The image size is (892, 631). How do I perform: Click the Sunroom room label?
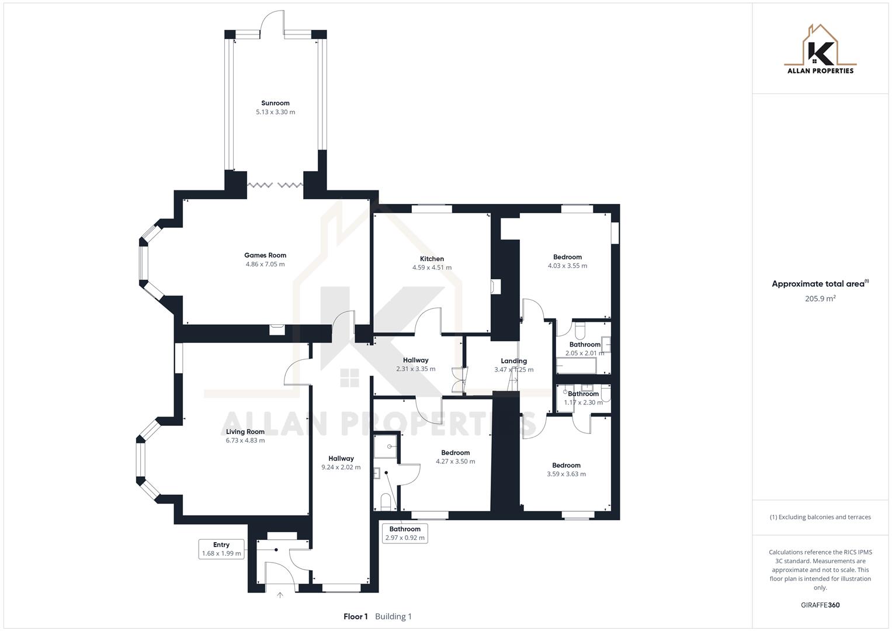[x=275, y=103]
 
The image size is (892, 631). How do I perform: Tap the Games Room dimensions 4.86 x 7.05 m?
[x=265, y=264]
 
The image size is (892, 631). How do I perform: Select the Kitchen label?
[x=432, y=259]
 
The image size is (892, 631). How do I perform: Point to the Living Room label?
[x=245, y=432]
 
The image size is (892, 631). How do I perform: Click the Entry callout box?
[x=221, y=549]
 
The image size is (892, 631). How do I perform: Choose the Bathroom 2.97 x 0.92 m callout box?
[x=405, y=533]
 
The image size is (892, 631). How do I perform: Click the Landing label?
[x=513, y=361]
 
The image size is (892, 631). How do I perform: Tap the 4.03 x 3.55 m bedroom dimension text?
[x=567, y=266]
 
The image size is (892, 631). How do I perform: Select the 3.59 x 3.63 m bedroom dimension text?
[x=566, y=474]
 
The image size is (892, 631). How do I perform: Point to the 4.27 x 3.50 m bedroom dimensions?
[x=455, y=462]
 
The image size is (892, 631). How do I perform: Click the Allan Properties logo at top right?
[x=820, y=50]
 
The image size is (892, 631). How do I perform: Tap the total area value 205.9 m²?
[x=820, y=299]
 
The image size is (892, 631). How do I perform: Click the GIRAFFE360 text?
[x=820, y=605]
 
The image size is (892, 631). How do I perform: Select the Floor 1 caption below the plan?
[x=356, y=616]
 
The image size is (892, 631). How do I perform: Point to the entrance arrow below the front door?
[x=280, y=595]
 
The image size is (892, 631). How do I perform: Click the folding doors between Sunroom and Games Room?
[x=275, y=185]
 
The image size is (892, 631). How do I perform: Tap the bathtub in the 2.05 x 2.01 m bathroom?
[x=576, y=367]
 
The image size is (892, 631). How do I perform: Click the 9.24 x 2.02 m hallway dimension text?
[x=341, y=467]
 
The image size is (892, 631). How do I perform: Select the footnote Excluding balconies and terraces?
[x=820, y=517]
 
